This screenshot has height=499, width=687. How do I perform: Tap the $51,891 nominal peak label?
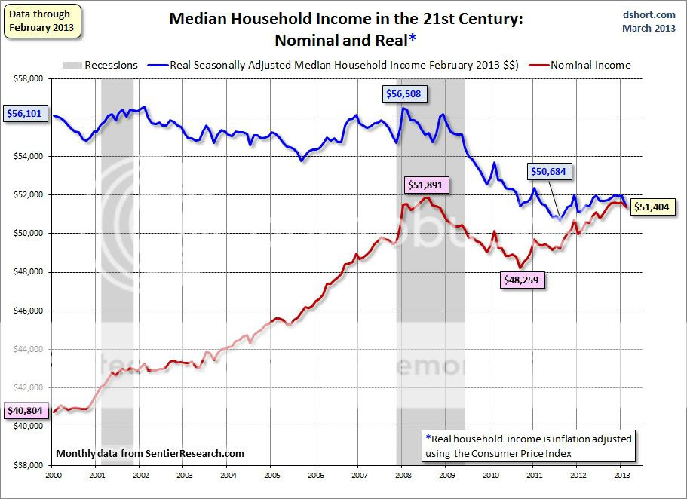[427, 184]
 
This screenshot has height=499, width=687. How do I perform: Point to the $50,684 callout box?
[551, 172]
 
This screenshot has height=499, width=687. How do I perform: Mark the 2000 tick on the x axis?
[53, 476]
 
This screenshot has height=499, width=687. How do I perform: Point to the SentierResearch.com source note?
[151, 453]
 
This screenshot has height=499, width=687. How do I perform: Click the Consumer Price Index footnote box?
[529, 444]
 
